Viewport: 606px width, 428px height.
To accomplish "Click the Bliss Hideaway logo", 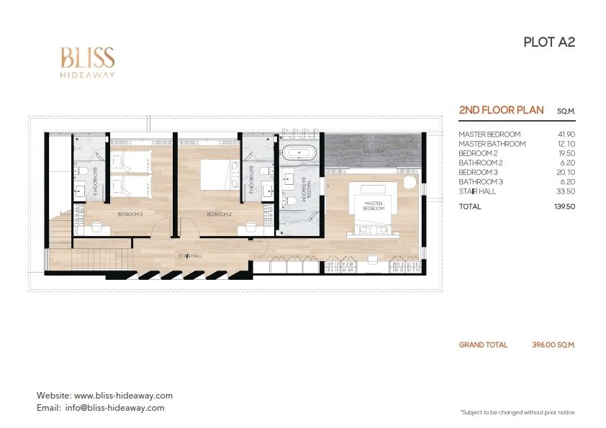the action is [88, 62].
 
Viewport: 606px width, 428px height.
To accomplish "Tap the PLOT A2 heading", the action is [549, 42].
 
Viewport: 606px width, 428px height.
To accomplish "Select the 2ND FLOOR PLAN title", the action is [501, 110].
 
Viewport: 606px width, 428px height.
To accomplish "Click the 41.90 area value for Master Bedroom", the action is [566, 135].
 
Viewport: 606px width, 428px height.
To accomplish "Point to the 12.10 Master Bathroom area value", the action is [566, 144].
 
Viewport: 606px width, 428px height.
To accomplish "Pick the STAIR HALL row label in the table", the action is [477, 191].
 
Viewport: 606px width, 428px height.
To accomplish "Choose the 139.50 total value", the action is [565, 206].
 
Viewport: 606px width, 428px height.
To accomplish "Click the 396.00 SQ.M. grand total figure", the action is [553, 345].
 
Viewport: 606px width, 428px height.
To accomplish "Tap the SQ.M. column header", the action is [566, 111].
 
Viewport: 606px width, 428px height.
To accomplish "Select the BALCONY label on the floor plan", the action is [373, 152].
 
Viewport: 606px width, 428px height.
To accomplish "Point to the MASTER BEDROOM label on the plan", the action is [374, 206].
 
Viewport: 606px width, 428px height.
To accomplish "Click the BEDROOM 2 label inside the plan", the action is [219, 214].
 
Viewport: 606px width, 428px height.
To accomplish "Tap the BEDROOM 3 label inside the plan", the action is [130, 214].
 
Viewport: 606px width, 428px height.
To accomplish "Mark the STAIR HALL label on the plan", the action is [190, 255].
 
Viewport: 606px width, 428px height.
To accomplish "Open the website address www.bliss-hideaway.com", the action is [123, 396].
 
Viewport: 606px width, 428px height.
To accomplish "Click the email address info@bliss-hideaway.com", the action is [114, 408].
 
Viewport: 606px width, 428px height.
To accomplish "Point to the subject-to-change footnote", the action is [517, 413].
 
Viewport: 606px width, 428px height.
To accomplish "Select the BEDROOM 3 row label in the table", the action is [478, 173].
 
